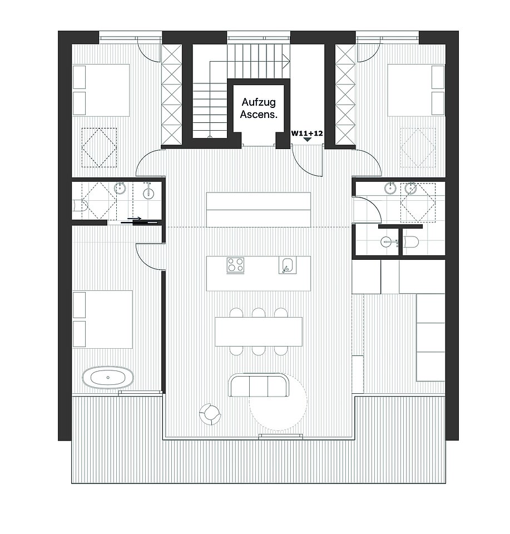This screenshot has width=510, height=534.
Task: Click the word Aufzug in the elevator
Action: pos(259,102)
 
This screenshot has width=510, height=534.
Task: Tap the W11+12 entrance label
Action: pos(307,133)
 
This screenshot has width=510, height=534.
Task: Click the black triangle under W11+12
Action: pos(307,139)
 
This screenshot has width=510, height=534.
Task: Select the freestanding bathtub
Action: pos(107,377)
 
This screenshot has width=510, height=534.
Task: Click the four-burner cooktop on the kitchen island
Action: pos(235,265)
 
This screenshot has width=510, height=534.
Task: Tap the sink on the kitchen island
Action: pos(288,265)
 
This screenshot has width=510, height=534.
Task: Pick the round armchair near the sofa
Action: pos(210,414)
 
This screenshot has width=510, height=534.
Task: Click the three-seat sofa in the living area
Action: pos(259,385)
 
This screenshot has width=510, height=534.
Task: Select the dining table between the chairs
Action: pos(259,332)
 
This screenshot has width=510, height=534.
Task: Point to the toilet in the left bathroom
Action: pos(81,205)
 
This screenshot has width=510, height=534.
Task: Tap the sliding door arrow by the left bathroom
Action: pos(135,218)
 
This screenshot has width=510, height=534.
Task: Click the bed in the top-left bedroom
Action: pos(101,90)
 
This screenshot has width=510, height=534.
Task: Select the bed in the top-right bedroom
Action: pos(416,90)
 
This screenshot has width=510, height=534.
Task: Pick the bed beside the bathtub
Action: pos(102,319)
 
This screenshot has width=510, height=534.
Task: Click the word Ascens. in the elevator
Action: pos(259,114)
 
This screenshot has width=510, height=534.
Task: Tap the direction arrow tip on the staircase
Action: pos(289,62)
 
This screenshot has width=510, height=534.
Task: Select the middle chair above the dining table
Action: pos(259,312)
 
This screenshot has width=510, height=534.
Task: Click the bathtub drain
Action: pos(108,377)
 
